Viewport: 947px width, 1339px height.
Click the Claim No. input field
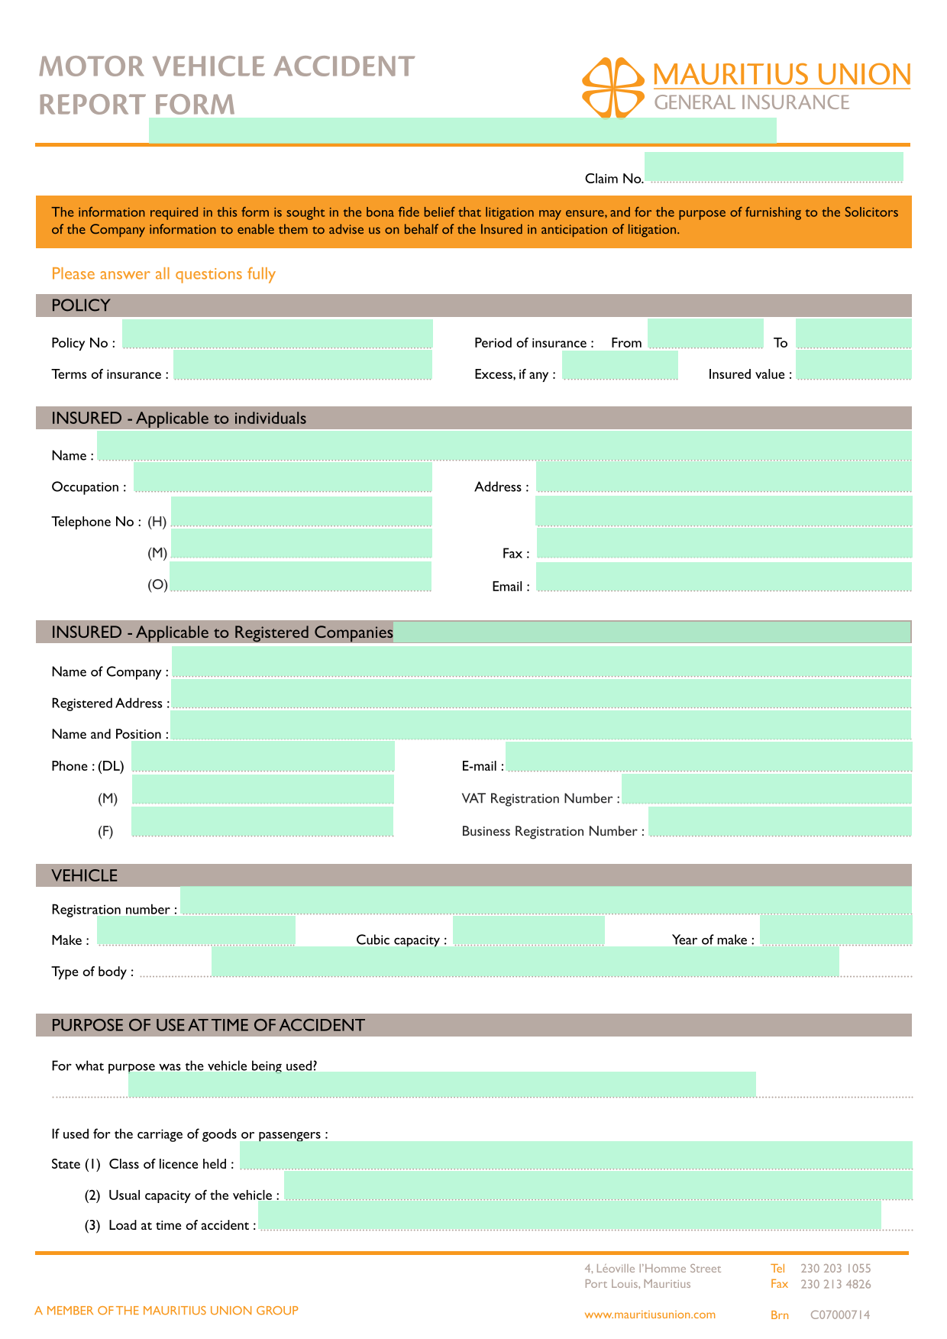point(773,167)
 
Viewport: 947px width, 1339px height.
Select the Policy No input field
point(277,335)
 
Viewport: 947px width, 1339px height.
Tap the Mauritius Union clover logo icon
point(612,87)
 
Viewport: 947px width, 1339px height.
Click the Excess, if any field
point(619,366)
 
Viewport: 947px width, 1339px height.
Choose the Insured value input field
point(853,366)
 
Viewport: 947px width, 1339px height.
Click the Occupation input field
point(283,478)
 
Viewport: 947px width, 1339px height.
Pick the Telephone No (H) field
point(301,512)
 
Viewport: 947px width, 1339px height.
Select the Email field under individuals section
point(723,577)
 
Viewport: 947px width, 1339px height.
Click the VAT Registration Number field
point(766,790)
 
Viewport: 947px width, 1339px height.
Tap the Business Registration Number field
point(779,822)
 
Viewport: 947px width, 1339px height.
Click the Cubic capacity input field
point(528,931)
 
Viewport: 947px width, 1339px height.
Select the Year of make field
point(835,931)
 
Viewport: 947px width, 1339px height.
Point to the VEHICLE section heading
point(85,875)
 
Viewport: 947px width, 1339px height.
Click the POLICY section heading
point(81,306)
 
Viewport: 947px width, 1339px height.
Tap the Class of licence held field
point(576,1156)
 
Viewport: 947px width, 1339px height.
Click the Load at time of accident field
point(569,1216)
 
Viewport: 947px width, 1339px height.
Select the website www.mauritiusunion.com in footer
point(650,1315)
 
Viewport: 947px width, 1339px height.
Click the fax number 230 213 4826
point(835,1284)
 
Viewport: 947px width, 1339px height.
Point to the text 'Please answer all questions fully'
point(163,273)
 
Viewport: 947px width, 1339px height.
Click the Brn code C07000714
point(839,1315)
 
